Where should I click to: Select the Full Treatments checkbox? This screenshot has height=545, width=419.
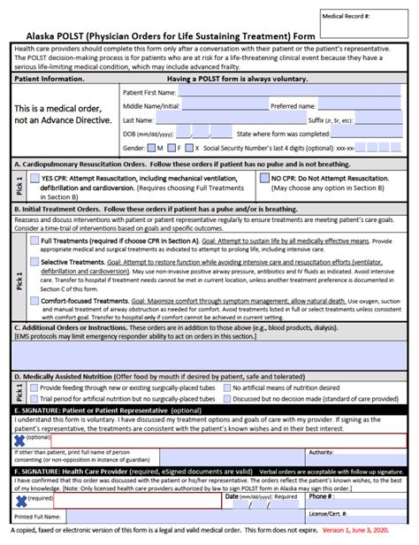[34, 240]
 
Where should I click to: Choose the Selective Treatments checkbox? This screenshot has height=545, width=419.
[34, 263]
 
